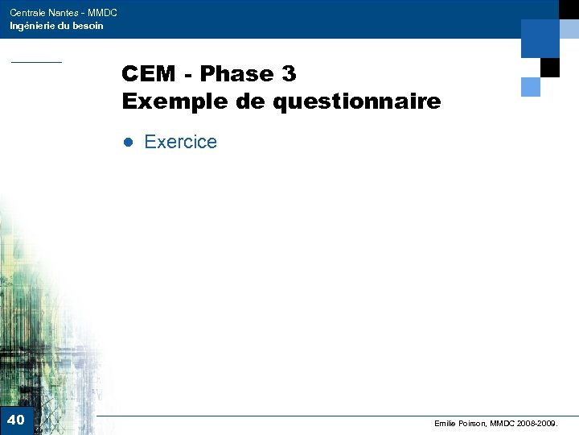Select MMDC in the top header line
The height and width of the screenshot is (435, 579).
click(x=103, y=13)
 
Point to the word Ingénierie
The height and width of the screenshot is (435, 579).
click(x=31, y=26)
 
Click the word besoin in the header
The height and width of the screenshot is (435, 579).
click(x=88, y=26)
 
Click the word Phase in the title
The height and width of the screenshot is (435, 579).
click(x=234, y=74)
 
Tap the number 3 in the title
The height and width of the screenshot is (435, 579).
click(x=289, y=74)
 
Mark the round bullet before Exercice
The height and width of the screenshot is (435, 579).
click(x=126, y=143)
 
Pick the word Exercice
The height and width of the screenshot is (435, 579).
click(x=180, y=142)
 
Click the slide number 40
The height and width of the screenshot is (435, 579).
click(x=16, y=420)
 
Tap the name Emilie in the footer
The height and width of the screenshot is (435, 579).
click(x=446, y=423)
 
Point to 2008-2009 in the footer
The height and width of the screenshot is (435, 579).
click(x=538, y=423)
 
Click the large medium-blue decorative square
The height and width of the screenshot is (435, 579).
click(x=540, y=38)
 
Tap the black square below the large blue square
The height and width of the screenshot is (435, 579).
click(x=550, y=68)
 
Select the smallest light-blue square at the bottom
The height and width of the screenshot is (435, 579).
click(x=531, y=86)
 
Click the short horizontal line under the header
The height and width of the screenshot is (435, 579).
click(x=35, y=62)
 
